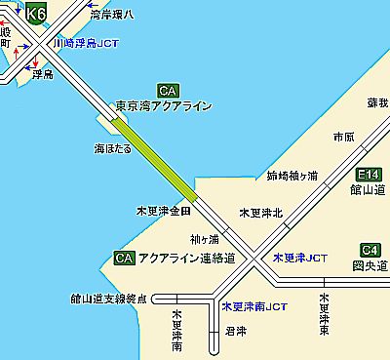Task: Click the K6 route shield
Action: click(x=37, y=14)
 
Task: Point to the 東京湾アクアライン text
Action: click(x=162, y=106)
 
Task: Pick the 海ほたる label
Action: click(x=100, y=147)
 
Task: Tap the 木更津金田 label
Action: click(x=163, y=211)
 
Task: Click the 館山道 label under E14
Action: click(x=362, y=192)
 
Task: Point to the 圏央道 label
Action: click(x=366, y=263)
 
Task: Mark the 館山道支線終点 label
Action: click(x=108, y=298)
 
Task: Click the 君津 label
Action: click(x=235, y=332)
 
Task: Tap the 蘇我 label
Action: click(x=376, y=102)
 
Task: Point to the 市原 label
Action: click(x=343, y=136)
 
